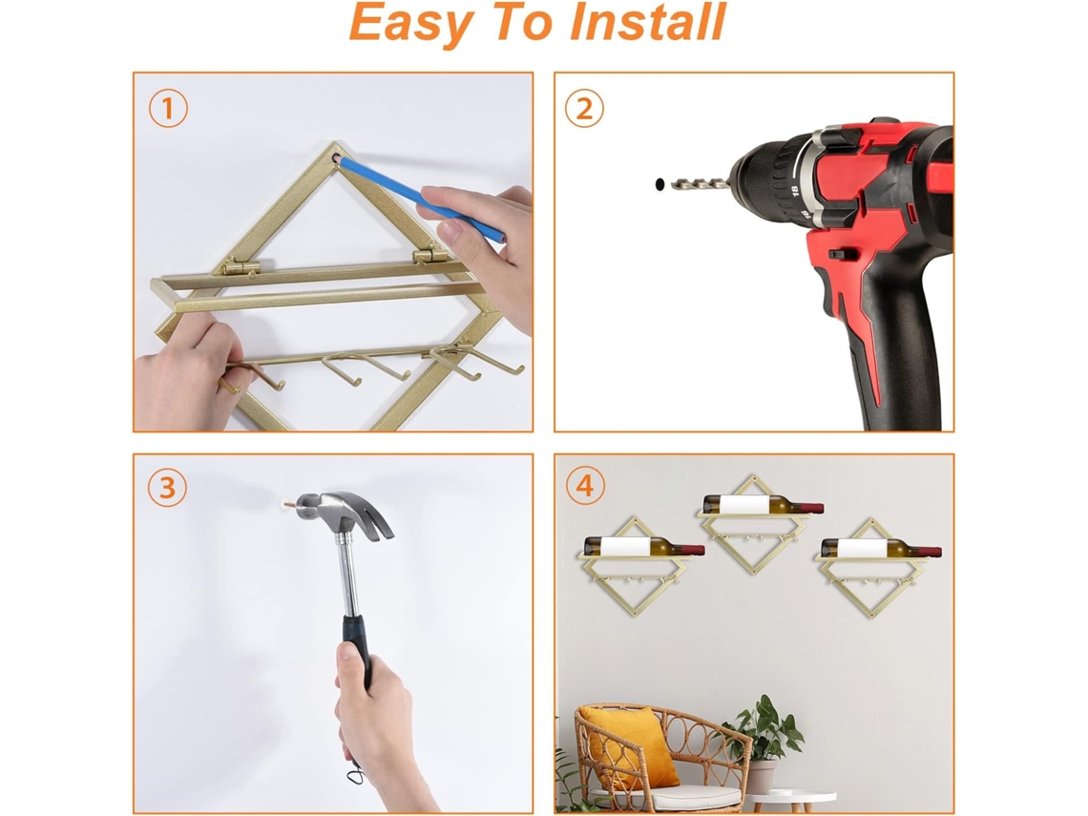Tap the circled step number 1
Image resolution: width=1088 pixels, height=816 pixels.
click(168, 108)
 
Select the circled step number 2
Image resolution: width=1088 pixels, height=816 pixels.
click(584, 108)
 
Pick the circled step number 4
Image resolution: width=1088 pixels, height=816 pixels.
click(585, 485)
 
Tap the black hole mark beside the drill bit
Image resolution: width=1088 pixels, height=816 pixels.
click(659, 184)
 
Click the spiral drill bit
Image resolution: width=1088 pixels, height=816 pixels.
click(700, 184)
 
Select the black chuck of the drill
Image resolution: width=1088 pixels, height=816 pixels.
click(770, 181)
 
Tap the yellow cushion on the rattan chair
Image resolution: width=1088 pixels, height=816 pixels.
click(632, 747)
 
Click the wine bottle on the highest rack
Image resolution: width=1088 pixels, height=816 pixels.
click(764, 505)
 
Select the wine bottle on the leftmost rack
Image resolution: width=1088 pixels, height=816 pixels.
click(644, 547)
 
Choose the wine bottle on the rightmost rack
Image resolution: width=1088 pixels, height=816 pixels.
click(881, 548)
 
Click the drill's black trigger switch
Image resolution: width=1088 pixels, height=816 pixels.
click(838, 255)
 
